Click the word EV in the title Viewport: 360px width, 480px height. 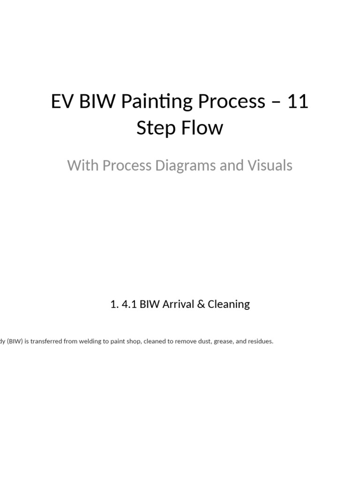[x=61, y=102]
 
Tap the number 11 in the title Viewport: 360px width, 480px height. [x=298, y=102]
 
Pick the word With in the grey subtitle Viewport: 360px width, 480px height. [x=83, y=165]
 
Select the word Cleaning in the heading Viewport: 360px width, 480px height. [x=229, y=304]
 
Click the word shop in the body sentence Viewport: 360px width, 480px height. [x=133, y=341]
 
